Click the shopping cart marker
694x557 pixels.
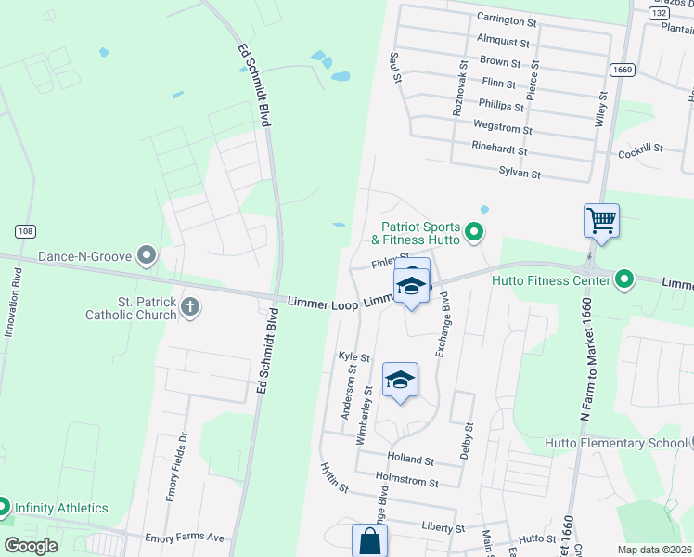pos(601,222)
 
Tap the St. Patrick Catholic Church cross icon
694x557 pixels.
pos(190,306)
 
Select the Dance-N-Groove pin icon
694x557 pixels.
pos(146,254)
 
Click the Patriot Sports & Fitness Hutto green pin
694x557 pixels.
pos(475,232)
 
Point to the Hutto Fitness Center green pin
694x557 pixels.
pos(624,278)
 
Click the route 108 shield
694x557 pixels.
pos(24,230)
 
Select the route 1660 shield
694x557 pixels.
pos(622,70)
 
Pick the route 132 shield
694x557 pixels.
pos(659,13)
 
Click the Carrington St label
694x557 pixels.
pos(507,19)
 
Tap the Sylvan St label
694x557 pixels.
pos(520,173)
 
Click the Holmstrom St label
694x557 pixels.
pos(406,481)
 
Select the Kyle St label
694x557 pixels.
pos(354,356)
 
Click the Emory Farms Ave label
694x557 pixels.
pos(185,538)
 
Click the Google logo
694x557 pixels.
pos(32,546)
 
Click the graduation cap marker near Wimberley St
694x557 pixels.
pos(400,380)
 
